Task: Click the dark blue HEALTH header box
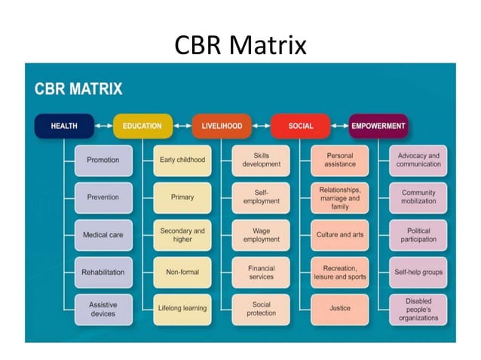pos(64,126)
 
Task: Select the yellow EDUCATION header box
pos(142,126)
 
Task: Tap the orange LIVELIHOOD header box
pos(222,126)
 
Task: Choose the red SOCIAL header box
pos(300,126)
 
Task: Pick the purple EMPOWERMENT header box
pos(378,126)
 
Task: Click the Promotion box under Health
pos(103,160)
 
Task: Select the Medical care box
pos(103,235)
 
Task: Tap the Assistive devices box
pos(103,309)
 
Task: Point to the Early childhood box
pos(182,160)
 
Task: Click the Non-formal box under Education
pos(182,272)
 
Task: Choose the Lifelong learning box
pos(182,309)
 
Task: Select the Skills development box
pos(261,160)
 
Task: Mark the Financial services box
pos(261,272)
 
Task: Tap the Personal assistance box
pos(340,160)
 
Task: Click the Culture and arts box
pos(340,235)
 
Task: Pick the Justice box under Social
pos(340,309)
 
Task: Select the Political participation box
pos(418,235)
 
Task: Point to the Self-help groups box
pos(418,272)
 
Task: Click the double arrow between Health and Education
pos(103,126)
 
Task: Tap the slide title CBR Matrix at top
pos(240,45)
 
